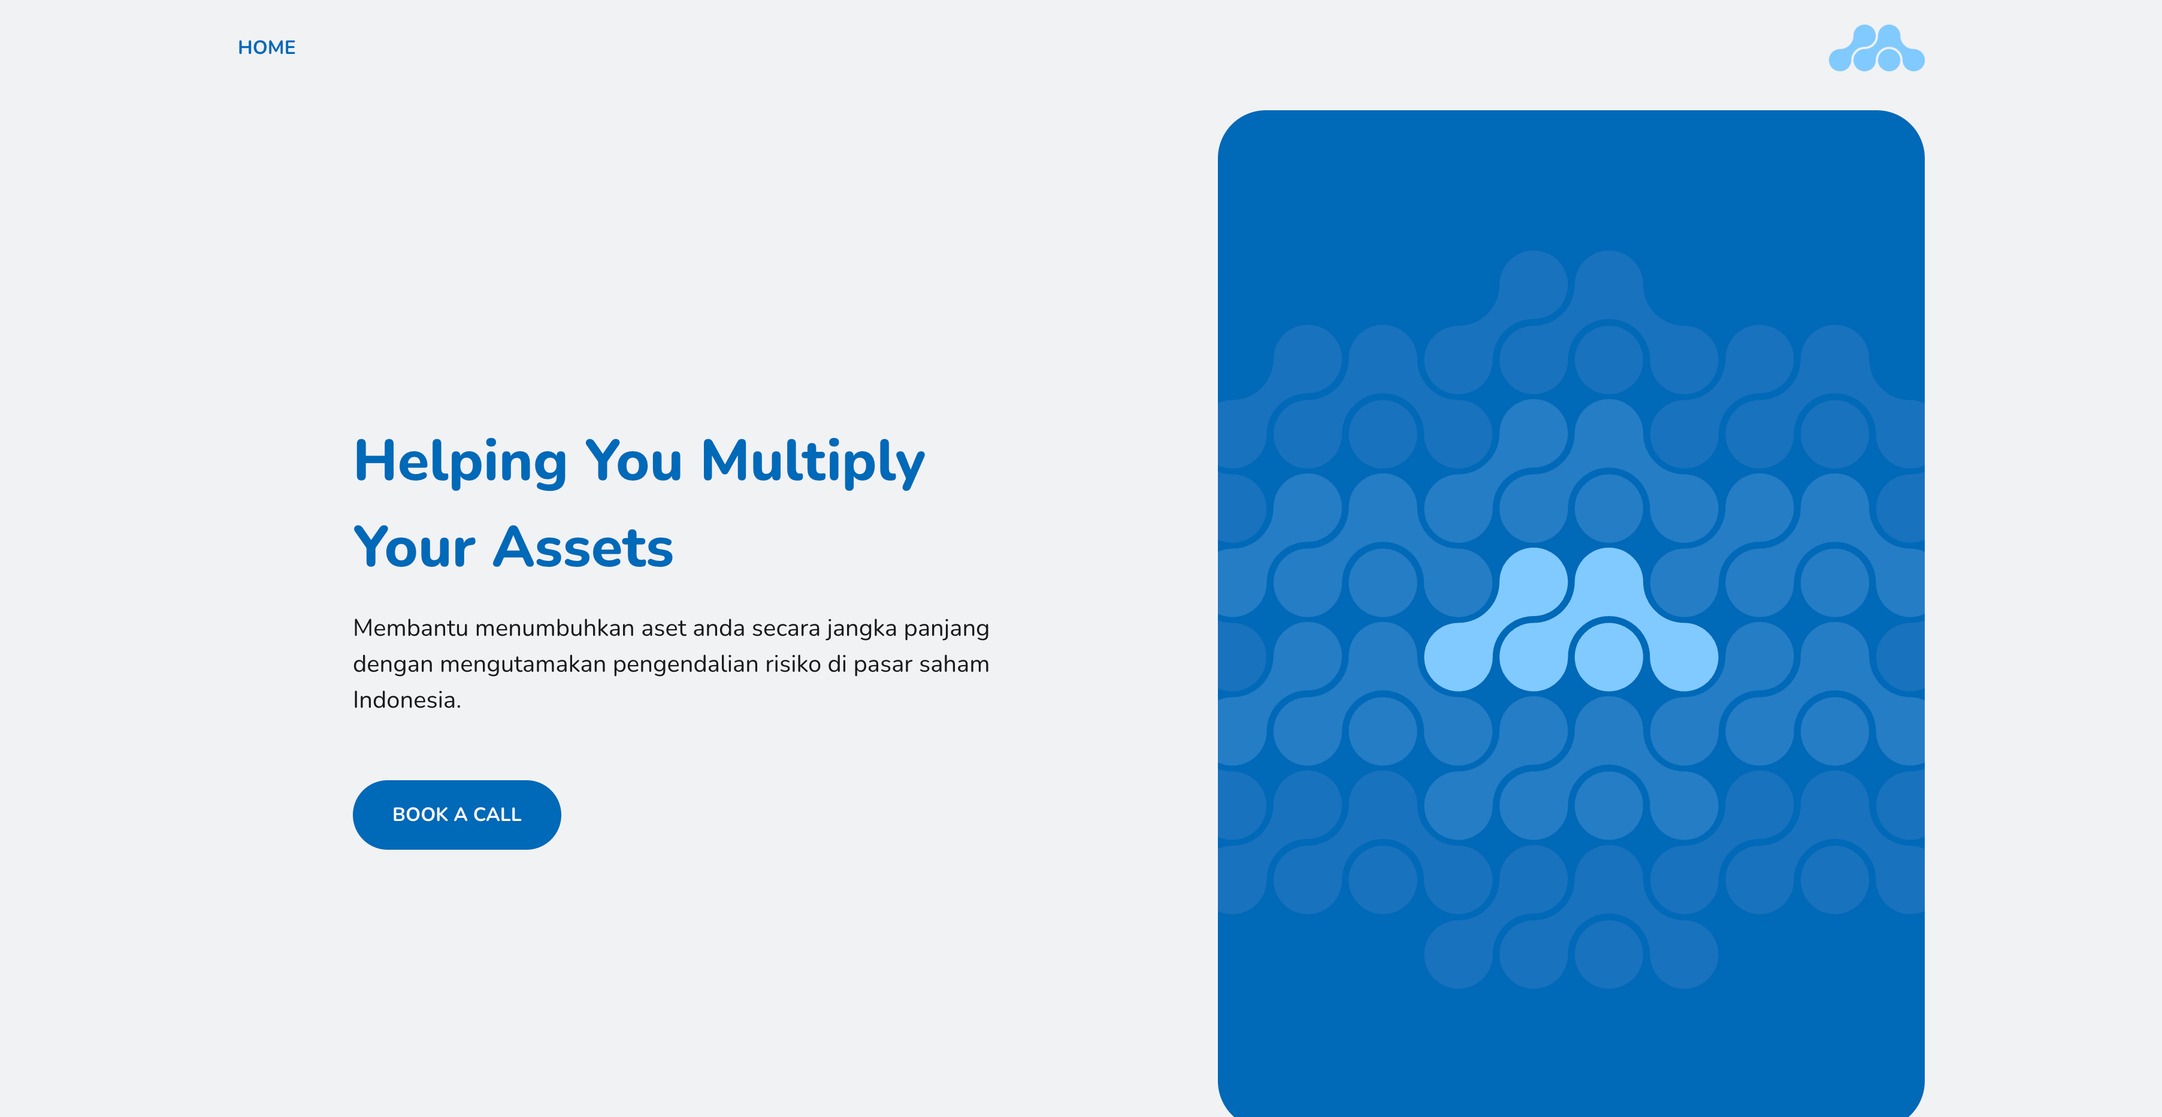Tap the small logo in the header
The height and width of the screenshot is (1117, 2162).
pyautogui.click(x=1877, y=49)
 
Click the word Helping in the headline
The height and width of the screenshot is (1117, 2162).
pyautogui.click(x=461, y=462)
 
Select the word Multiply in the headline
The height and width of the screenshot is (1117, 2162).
pyautogui.click(x=812, y=462)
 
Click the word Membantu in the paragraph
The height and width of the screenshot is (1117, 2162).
pyautogui.click(x=410, y=628)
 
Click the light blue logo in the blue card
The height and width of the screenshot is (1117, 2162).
pyautogui.click(x=1571, y=620)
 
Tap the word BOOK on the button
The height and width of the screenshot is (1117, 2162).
pyautogui.click(x=420, y=814)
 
